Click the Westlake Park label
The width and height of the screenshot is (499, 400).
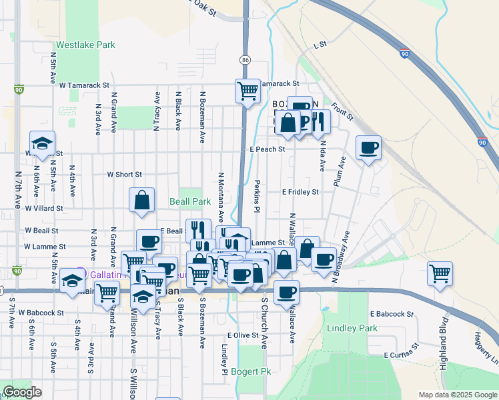point(86,45)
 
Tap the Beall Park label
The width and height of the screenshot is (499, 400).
point(190,201)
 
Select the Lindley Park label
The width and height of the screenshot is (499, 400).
point(352,328)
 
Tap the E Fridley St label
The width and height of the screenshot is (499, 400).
point(300,192)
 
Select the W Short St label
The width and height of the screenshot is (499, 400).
point(125,175)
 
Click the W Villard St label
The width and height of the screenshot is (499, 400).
point(44,208)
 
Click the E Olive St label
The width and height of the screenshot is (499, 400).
point(242,335)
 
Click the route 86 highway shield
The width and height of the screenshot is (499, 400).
point(246,60)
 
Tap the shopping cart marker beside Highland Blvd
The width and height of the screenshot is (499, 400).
point(440,273)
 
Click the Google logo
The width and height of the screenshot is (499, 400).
point(22,392)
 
